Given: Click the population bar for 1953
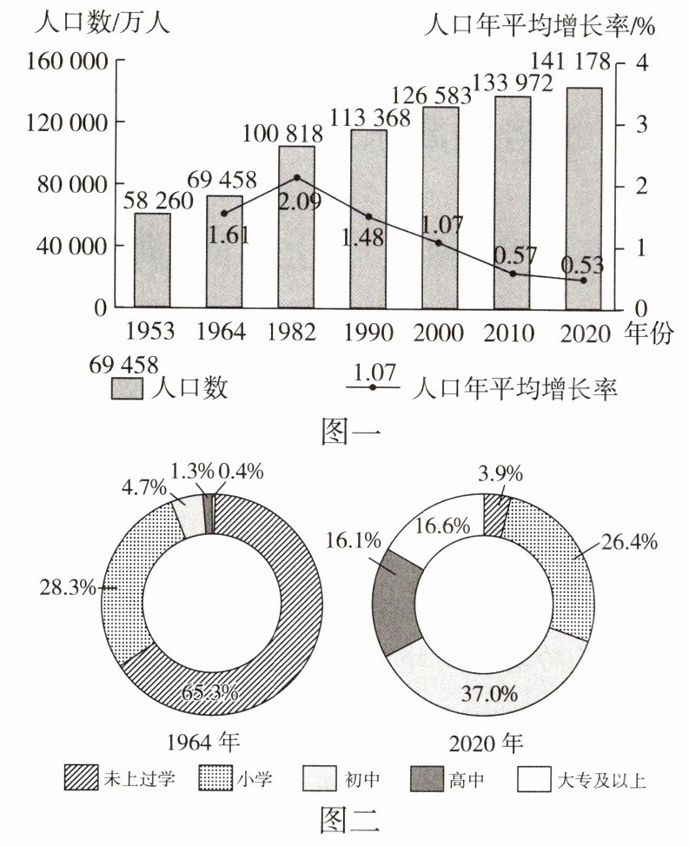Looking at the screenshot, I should pyautogui.click(x=152, y=261).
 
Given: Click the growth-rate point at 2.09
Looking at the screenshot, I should pyautogui.click(x=297, y=178).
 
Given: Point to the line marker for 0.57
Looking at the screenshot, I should pyautogui.click(x=513, y=274).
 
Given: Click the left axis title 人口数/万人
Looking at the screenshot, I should pyautogui.click(x=102, y=23).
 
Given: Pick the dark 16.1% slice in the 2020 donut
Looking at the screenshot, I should pyautogui.click(x=396, y=599).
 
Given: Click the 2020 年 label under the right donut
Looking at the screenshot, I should pyautogui.click(x=485, y=744).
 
